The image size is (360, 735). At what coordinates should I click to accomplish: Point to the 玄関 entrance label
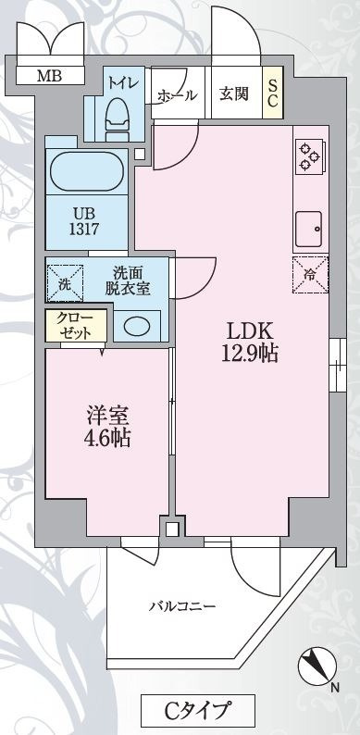(x=232, y=93)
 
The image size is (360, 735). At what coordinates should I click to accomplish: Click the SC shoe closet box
(x=274, y=93)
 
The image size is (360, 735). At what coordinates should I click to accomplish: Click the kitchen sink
(x=308, y=224)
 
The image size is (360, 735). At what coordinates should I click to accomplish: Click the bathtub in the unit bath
(x=86, y=171)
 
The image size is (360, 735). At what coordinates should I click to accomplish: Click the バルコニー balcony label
(x=183, y=606)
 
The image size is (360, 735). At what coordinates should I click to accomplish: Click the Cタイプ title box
(x=197, y=712)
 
